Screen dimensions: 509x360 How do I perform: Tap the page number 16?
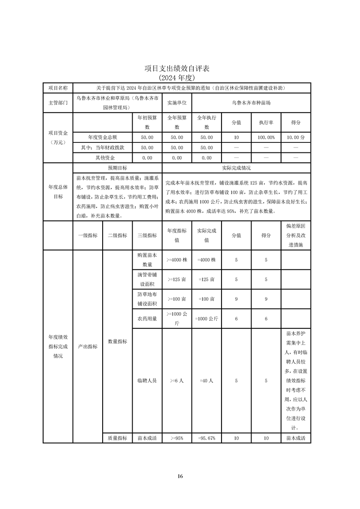point(180,476)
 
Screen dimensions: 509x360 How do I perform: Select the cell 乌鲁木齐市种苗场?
point(251,103)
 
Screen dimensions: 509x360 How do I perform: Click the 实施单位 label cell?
point(177,103)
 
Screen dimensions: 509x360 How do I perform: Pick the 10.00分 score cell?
point(296,137)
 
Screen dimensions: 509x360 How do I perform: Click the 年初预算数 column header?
point(147,122)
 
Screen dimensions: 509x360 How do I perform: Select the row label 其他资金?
point(102,158)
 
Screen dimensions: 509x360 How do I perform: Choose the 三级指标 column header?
point(147,235)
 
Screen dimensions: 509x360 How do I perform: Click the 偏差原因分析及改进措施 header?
point(296,235)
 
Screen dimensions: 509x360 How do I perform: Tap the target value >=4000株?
point(177,260)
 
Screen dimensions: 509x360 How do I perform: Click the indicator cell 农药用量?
point(147,319)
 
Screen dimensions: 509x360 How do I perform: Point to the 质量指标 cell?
point(117,438)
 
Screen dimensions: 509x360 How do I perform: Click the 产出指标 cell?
point(88,346)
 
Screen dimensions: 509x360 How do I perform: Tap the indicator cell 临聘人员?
point(147,381)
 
